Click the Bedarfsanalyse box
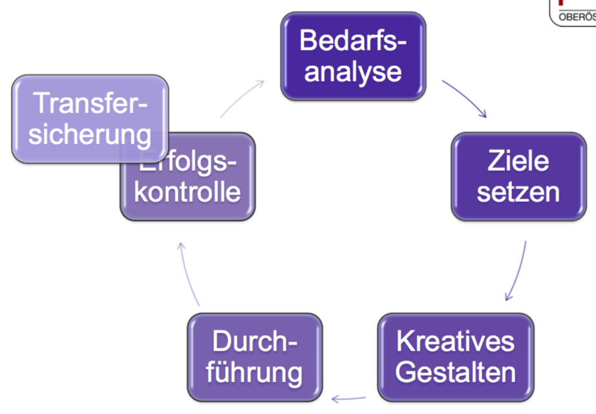coord(353,57)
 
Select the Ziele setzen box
coord(518,177)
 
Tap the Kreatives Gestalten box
coord(456,356)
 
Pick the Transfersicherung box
coord(90,118)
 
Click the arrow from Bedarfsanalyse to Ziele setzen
coord(465,98)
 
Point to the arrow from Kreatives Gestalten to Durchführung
coord(349,397)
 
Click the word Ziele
coord(518,161)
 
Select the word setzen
coord(518,192)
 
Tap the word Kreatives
coord(456,341)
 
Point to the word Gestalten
coord(456,373)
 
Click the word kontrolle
coord(187,193)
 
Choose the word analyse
coord(353,72)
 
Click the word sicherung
coord(90,135)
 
